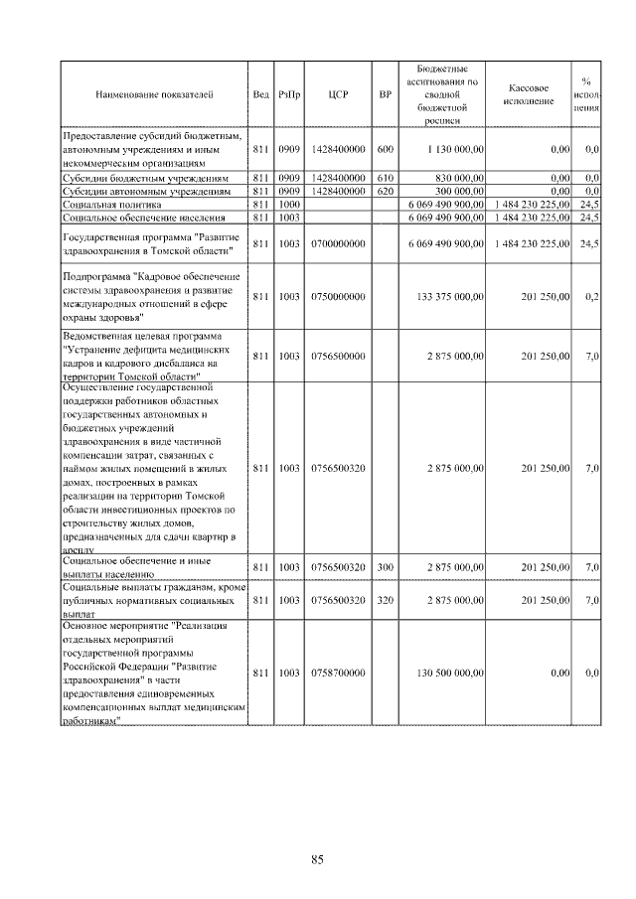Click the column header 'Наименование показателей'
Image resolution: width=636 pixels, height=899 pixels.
click(153, 94)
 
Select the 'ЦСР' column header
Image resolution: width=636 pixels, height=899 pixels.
click(335, 94)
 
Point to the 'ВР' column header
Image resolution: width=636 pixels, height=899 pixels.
click(386, 94)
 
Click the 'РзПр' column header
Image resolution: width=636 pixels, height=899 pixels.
click(289, 94)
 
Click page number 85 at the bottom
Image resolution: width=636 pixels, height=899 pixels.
click(318, 859)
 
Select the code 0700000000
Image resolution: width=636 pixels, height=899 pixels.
click(335, 243)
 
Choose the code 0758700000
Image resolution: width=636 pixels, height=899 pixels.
click(335, 674)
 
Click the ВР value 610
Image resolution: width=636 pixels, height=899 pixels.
click(386, 177)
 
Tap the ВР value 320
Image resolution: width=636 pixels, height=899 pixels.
click(386, 601)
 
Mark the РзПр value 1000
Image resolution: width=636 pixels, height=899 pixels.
click(289, 203)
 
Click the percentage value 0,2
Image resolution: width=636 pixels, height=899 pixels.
click(592, 296)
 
